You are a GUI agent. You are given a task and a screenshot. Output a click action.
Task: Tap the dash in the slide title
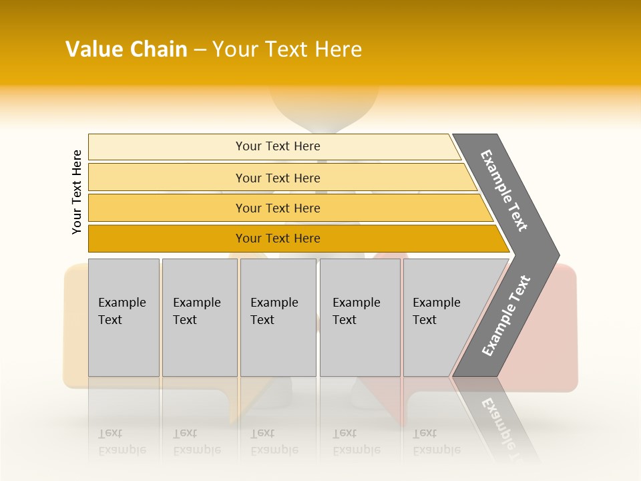pos(200,50)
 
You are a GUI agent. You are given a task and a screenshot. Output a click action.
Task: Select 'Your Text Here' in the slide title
pos(287,49)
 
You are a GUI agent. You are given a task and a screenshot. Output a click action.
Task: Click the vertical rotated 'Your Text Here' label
pos(77,192)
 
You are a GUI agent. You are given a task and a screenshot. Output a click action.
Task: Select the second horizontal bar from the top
pos(277,178)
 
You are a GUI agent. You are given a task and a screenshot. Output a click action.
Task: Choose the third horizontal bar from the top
pos(277,208)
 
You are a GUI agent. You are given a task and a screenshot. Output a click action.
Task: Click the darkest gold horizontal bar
pos(277,238)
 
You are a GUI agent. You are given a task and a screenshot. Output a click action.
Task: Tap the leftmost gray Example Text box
pos(124,317)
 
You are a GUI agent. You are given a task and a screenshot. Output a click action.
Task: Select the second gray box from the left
pos(200,317)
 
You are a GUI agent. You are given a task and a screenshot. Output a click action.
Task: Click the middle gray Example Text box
pos(278,317)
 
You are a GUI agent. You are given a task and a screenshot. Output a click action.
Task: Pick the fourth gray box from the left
pos(360,317)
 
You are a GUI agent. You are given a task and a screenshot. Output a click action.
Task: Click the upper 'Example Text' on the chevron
pos(504,190)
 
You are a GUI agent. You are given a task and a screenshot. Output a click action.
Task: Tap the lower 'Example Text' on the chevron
pos(506,316)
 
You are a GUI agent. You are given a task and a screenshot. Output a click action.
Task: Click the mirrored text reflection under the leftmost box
pos(122,442)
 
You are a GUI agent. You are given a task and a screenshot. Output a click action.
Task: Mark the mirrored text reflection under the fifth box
pos(436,442)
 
